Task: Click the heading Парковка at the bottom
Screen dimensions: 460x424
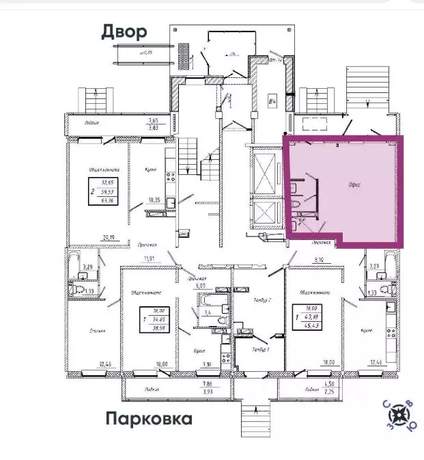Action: tap(148, 418)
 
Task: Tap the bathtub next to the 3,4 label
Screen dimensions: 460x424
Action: tap(212, 300)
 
